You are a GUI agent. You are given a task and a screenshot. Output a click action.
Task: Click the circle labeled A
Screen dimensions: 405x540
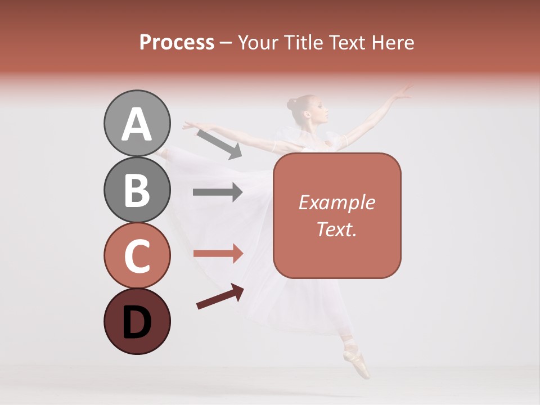(137, 123)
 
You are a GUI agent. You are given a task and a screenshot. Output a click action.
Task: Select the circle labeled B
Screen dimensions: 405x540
(137, 190)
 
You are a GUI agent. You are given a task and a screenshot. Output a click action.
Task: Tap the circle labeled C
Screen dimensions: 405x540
(137, 255)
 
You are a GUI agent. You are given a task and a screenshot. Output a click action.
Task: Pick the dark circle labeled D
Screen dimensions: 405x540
(137, 321)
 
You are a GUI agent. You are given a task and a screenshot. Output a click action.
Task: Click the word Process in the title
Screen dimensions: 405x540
(177, 43)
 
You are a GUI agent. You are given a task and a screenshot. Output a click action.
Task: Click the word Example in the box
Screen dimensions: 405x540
(336, 202)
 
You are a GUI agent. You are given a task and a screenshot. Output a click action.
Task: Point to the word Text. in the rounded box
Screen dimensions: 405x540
(336, 229)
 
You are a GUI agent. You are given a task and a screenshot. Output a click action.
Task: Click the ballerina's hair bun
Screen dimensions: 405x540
(291, 104)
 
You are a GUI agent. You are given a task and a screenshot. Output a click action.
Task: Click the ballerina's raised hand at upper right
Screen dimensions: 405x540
(403, 92)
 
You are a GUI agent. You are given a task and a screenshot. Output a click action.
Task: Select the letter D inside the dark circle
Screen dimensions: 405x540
(137, 323)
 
